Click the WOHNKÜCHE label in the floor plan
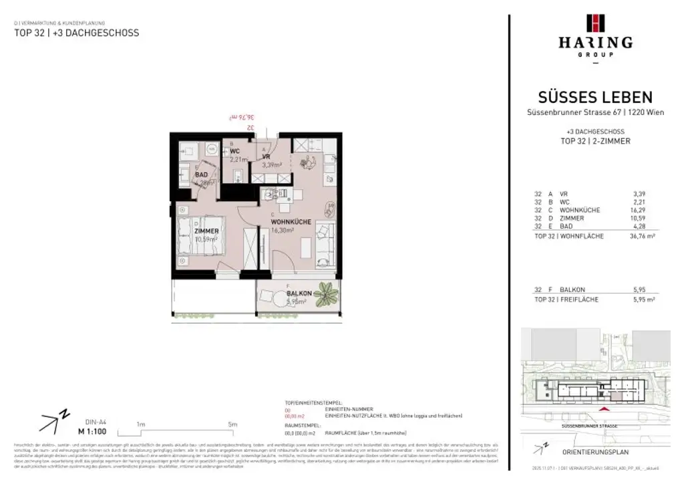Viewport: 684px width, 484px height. pyautogui.click(x=291, y=221)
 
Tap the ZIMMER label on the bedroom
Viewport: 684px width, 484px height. pyautogui.click(x=206, y=231)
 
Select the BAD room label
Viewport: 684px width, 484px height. pyautogui.click(x=201, y=174)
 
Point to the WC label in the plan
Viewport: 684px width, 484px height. pyautogui.click(x=235, y=151)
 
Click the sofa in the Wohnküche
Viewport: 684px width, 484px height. pyautogui.click(x=326, y=243)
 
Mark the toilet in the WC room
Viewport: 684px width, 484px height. pyautogui.click(x=238, y=175)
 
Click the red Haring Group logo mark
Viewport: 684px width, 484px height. pyautogui.click(x=595, y=23)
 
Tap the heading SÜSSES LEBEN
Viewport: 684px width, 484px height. pyautogui.click(x=595, y=98)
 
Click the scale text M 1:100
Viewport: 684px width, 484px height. pyautogui.click(x=93, y=431)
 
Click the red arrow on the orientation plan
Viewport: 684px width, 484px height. pyautogui.click(x=605, y=408)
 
